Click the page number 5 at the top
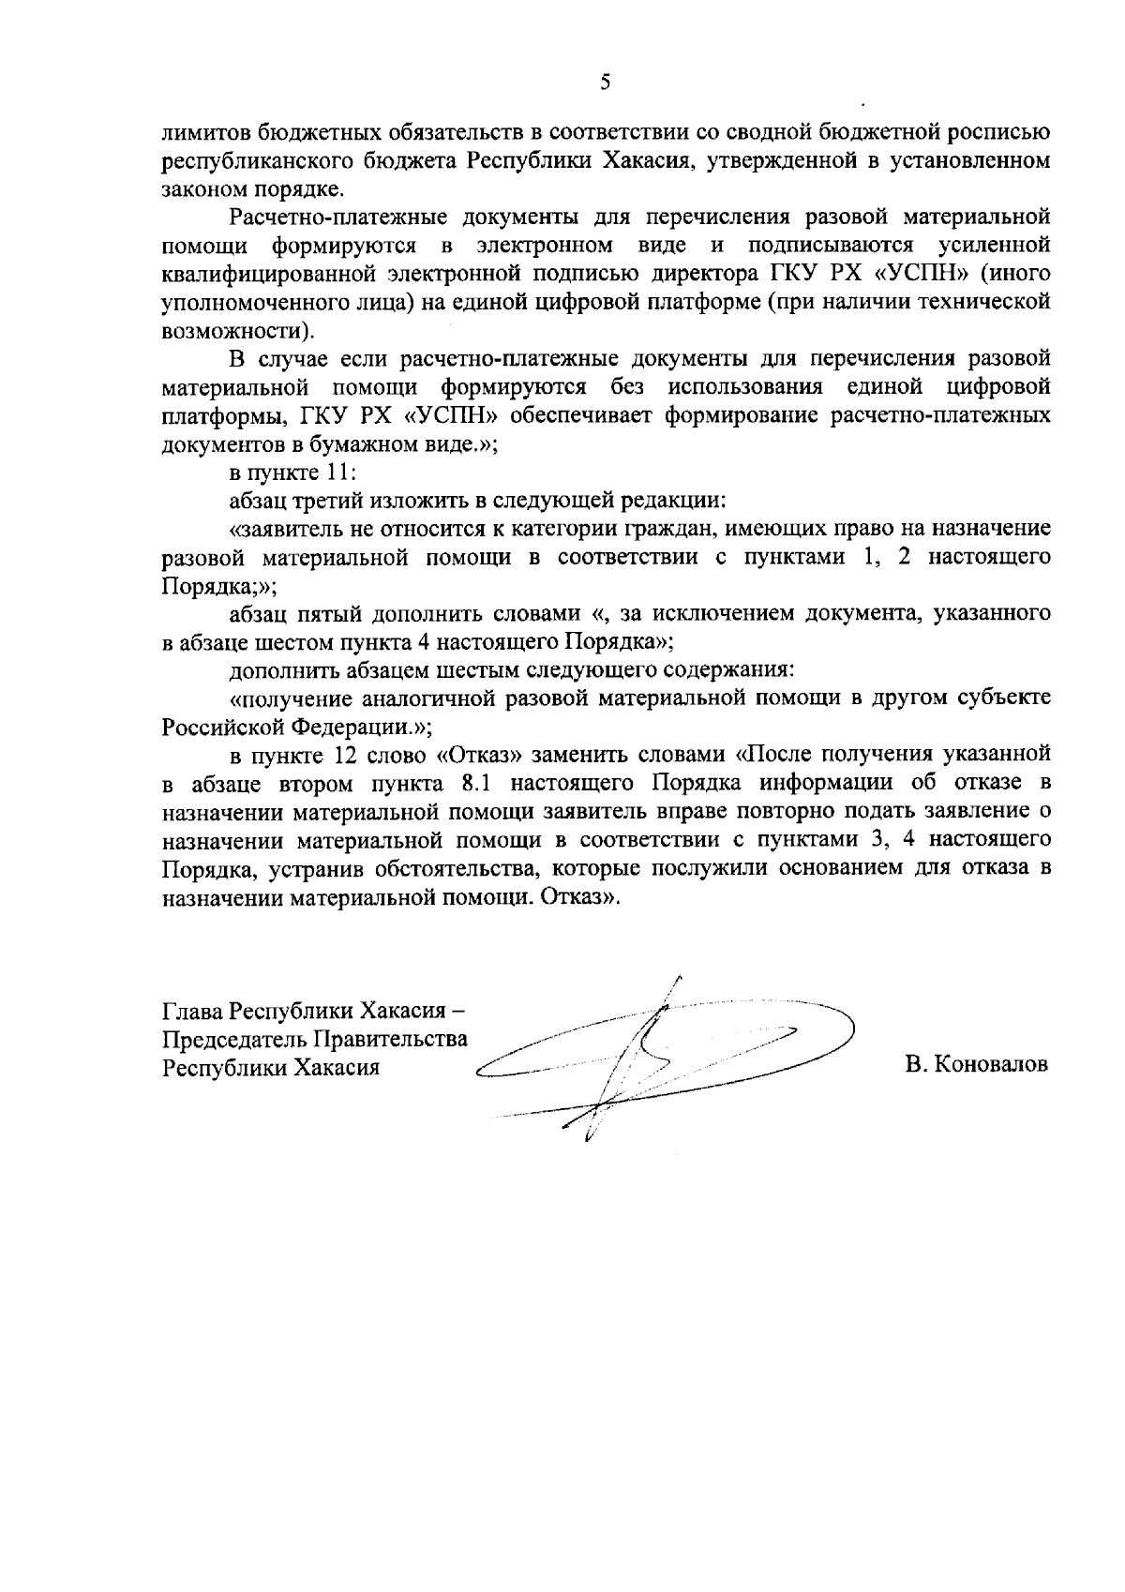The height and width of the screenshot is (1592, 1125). [x=605, y=83]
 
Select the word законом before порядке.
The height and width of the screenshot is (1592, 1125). [x=200, y=189]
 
